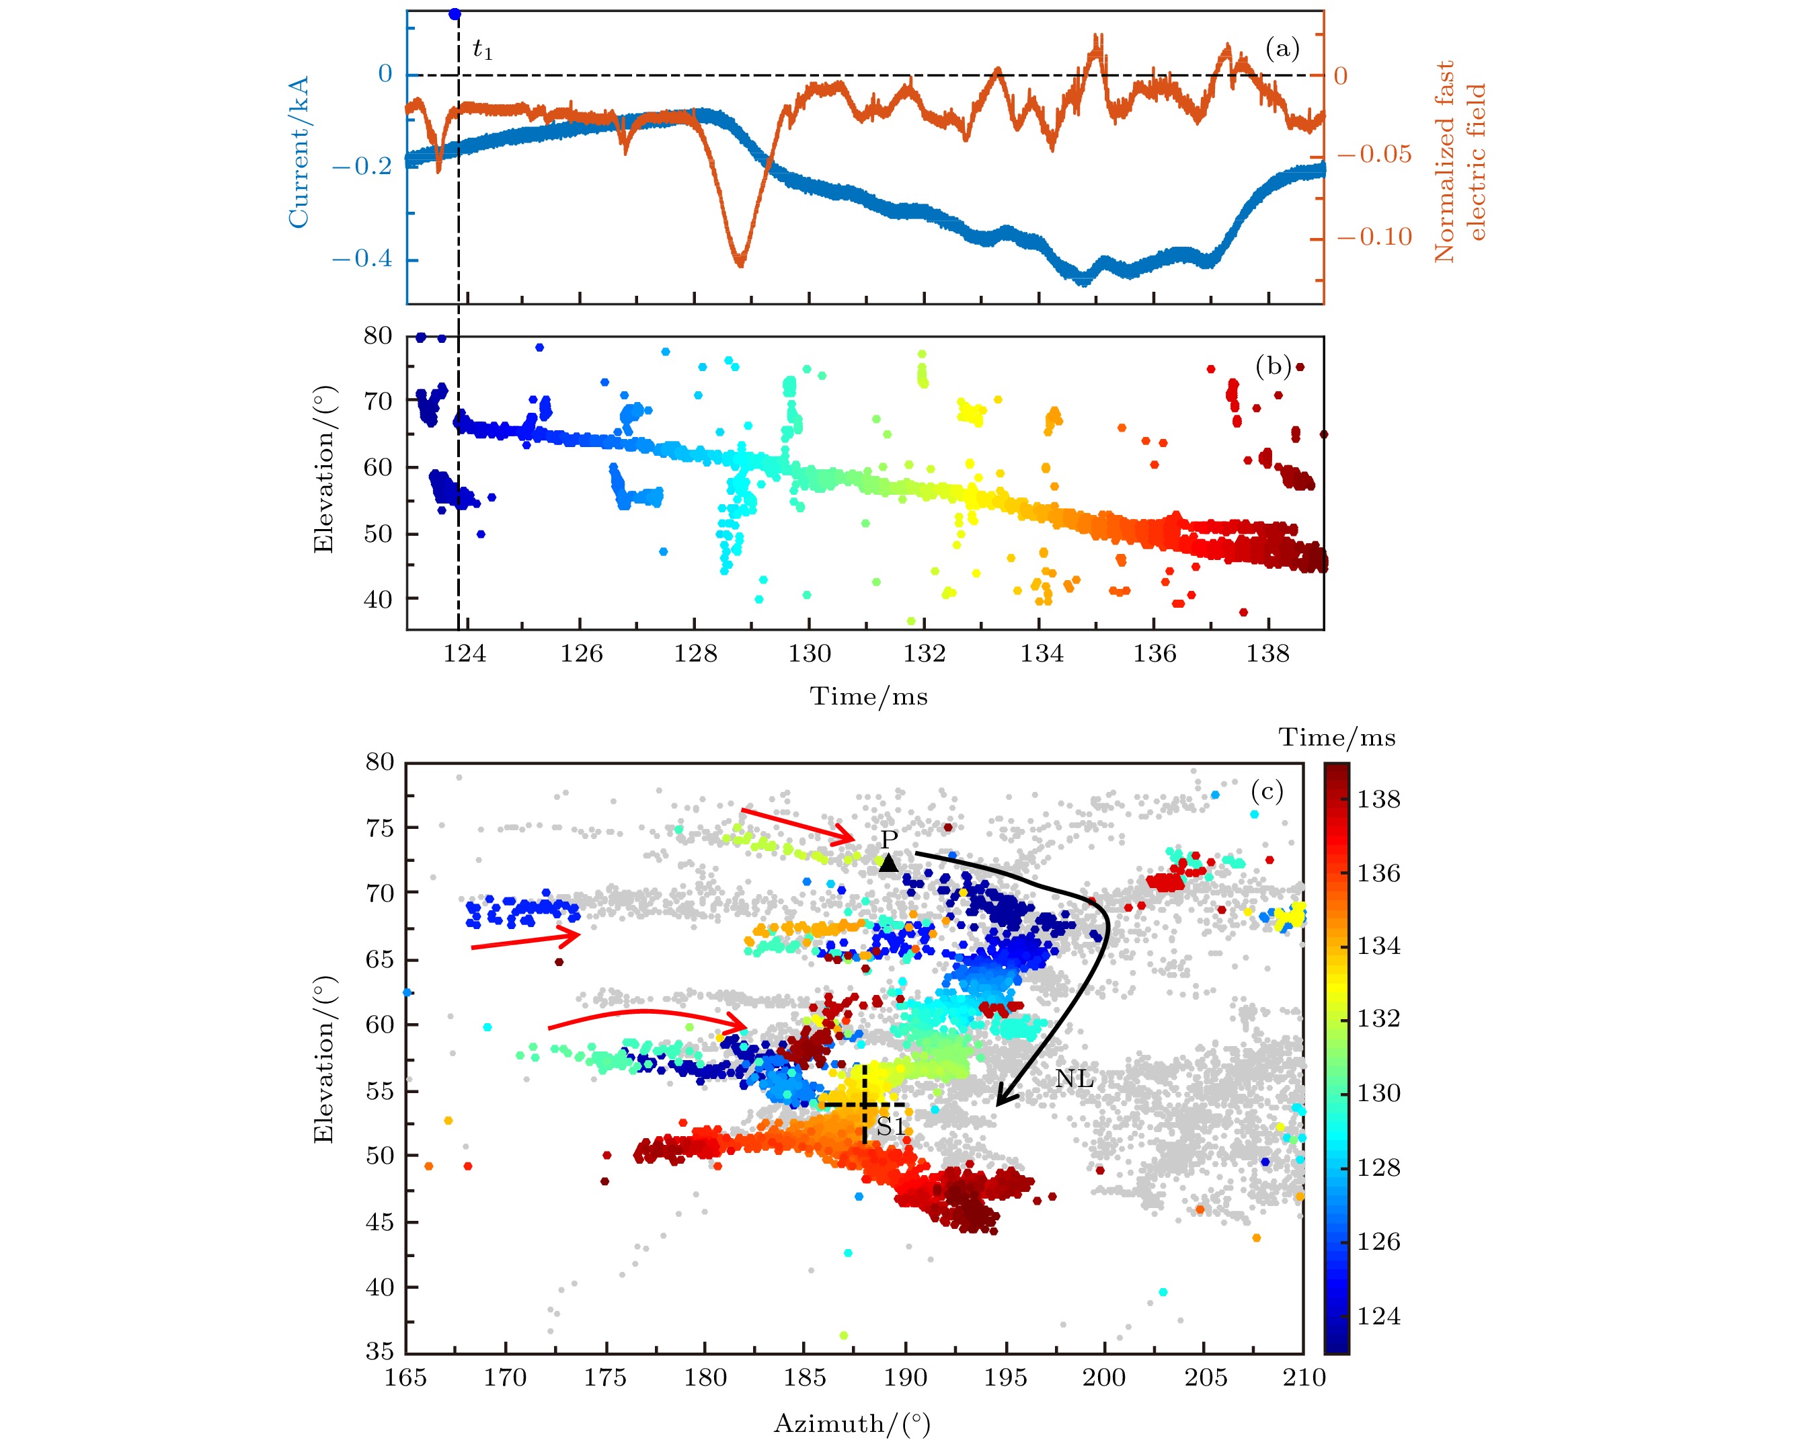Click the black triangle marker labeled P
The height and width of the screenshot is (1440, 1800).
pos(888,863)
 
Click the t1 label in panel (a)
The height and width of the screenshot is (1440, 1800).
pos(483,51)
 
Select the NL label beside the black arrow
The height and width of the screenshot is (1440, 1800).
pos(1074,1080)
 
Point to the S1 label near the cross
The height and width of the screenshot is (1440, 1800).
pos(891,1127)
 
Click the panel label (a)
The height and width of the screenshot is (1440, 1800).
pos(1282,48)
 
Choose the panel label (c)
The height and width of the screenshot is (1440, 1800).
pos(1267,790)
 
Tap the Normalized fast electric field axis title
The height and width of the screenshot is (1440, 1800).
pos(1459,161)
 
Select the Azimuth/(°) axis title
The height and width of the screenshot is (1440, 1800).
pos(851,1423)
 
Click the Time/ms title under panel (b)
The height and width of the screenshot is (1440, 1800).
pos(868,696)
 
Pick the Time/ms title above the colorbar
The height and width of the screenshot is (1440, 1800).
pos(1337,737)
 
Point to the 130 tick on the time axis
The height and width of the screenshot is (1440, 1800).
pos(809,653)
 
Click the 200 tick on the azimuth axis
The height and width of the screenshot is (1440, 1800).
pos(1103,1377)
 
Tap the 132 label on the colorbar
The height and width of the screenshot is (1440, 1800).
pos(1378,1018)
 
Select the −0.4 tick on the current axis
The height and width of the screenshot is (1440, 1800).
pos(362,258)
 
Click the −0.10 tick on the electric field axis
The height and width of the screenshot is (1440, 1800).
pos(1374,237)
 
